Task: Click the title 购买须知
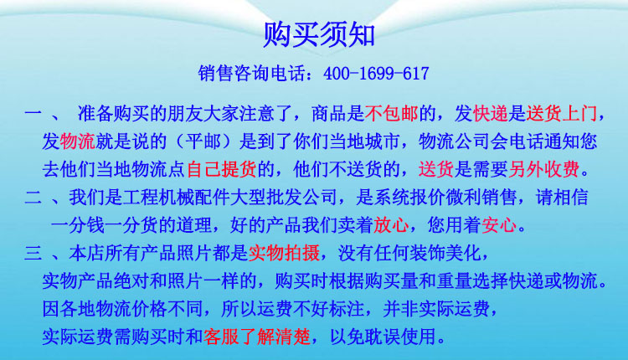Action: pos(319,35)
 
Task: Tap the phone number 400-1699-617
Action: pos(376,74)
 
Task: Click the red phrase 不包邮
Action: pos(391,114)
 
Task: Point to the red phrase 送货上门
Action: pos(561,114)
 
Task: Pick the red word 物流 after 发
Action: pos(77,141)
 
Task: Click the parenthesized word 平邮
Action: pos(203,141)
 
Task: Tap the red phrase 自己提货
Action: pos(222,169)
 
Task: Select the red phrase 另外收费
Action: pos(543,169)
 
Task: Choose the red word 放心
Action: pos(391,225)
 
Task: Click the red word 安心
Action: pos(499,225)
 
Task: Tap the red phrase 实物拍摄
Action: pos(284,253)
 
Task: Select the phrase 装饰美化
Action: pos(445,253)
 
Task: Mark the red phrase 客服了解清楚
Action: pos(257,337)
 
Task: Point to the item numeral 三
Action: pos(33,254)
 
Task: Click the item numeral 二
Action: pos(33,198)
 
